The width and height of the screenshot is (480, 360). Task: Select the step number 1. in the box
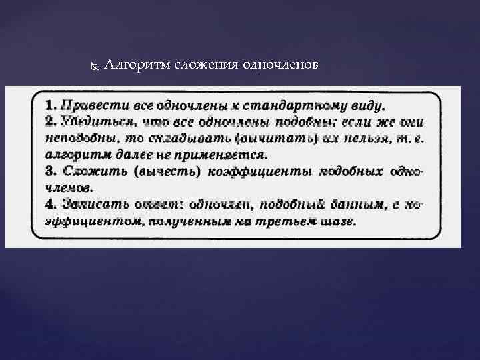click(x=51, y=105)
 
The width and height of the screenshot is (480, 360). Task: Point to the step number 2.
click(x=51, y=122)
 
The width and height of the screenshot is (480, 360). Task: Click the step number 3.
click(x=51, y=172)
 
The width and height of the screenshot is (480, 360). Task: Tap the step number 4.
click(x=51, y=205)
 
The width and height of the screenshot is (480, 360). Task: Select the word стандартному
click(x=281, y=105)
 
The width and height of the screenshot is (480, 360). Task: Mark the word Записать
click(x=94, y=205)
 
